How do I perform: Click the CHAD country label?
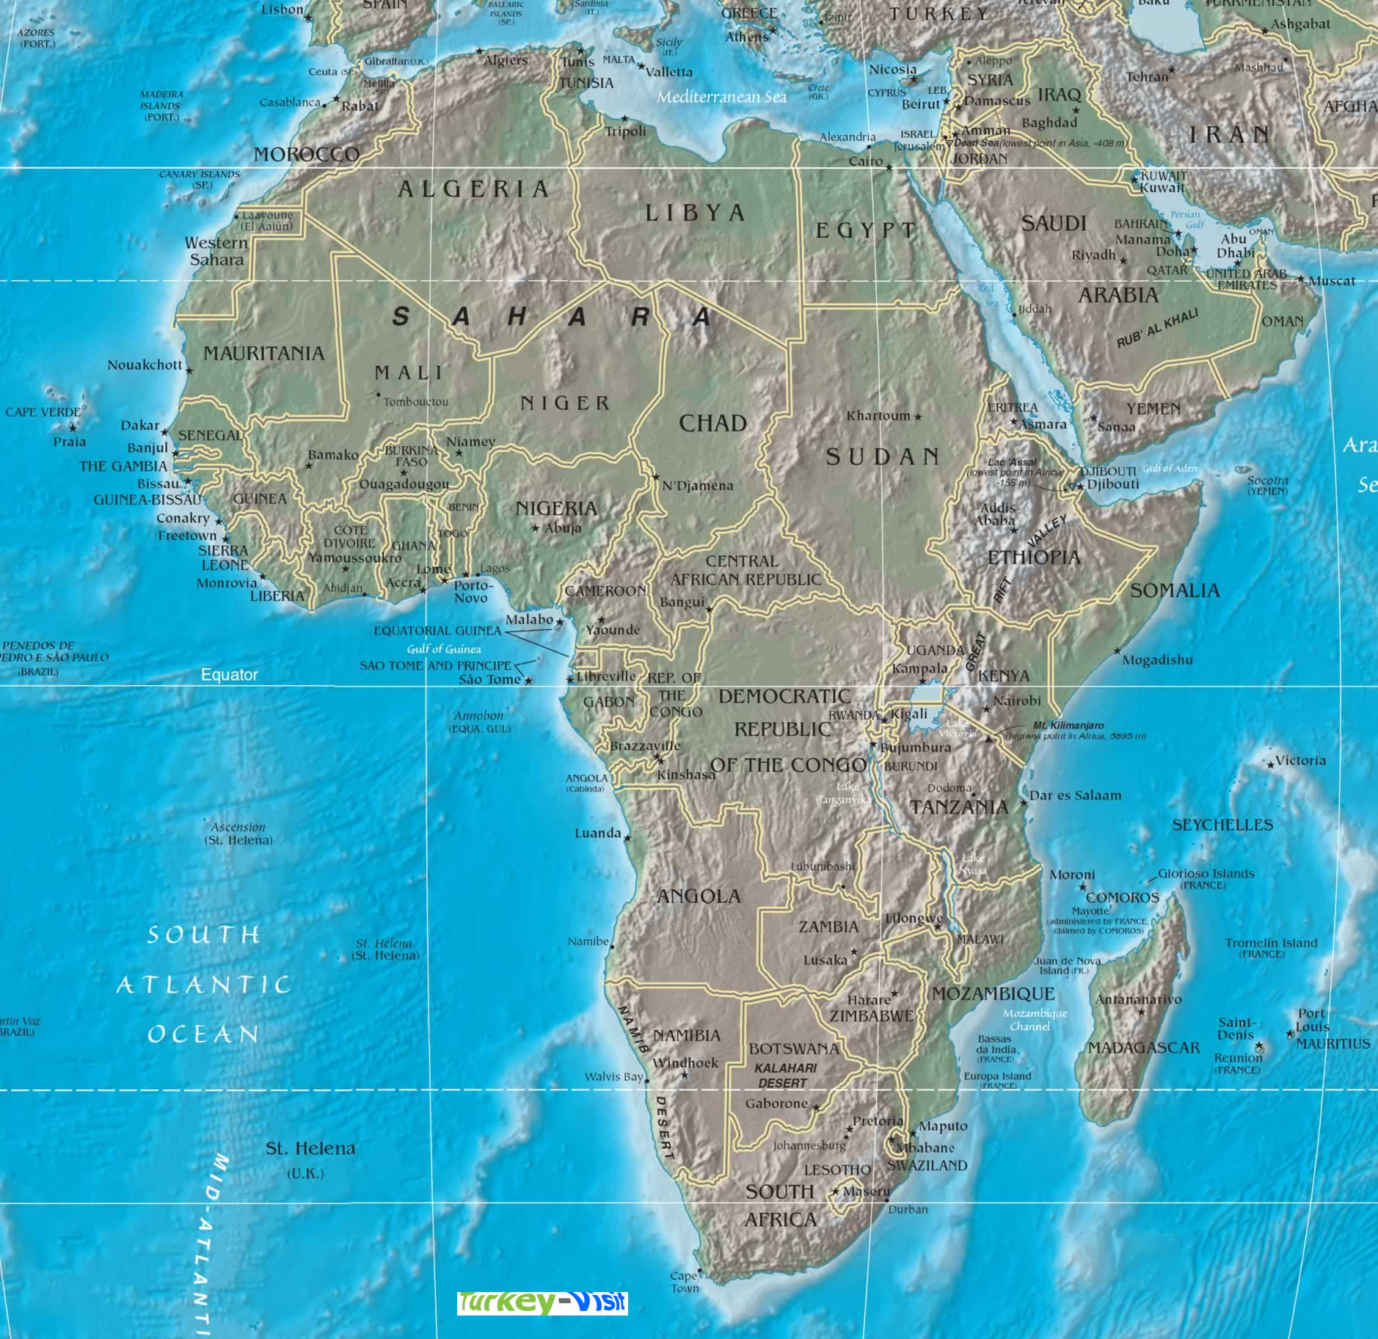[712, 423]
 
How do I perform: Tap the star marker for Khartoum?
[917, 417]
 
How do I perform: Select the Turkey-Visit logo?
[542, 1302]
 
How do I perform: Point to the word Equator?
[230, 675]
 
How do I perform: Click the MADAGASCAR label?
[1143, 1048]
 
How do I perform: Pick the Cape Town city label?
[684, 1282]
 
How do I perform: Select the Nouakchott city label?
[145, 365]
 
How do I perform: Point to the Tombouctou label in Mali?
[415, 402]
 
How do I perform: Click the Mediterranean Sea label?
[721, 97]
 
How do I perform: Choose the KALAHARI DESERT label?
[784, 1076]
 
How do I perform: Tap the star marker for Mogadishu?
[1118, 651]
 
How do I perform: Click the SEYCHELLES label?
[1222, 825]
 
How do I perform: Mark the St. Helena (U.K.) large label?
[310, 1149]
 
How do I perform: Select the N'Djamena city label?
[697, 486]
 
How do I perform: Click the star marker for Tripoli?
[625, 118]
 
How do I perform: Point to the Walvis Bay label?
[613, 1076]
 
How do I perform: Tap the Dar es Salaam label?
[1075, 795]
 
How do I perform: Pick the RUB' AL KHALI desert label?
[1158, 327]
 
